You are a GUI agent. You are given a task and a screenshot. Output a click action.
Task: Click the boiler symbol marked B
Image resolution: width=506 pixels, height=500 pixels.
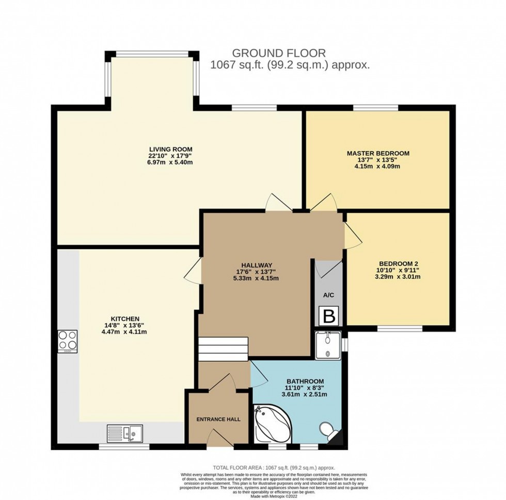pyautogui.click(x=328, y=316)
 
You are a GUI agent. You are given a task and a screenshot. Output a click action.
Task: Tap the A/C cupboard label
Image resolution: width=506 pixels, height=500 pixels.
pyautogui.click(x=328, y=296)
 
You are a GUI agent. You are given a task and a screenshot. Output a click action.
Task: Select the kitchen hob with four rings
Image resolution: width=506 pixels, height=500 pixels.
pyautogui.click(x=68, y=341)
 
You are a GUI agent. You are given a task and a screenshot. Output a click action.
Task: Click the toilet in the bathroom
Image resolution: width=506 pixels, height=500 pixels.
pyautogui.click(x=327, y=429)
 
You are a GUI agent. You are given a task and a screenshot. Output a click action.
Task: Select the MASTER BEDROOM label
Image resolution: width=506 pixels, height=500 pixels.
pyautogui.click(x=378, y=153)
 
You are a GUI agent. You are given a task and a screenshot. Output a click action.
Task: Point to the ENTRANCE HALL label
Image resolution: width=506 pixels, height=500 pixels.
pyautogui.click(x=218, y=419)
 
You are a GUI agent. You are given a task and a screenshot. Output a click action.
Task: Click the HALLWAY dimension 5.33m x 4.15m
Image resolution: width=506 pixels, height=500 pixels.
pyautogui.click(x=256, y=279)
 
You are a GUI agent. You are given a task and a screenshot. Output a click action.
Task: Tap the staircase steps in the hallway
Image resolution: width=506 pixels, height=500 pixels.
pyautogui.click(x=224, y=349)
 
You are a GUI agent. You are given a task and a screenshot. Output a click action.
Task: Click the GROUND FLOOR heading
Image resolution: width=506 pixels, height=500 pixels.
pyautogui.click(x=279, y=53)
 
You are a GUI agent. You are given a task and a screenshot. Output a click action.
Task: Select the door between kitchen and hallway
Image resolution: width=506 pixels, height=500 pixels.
pyautogui.click(x=193, y=270)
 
